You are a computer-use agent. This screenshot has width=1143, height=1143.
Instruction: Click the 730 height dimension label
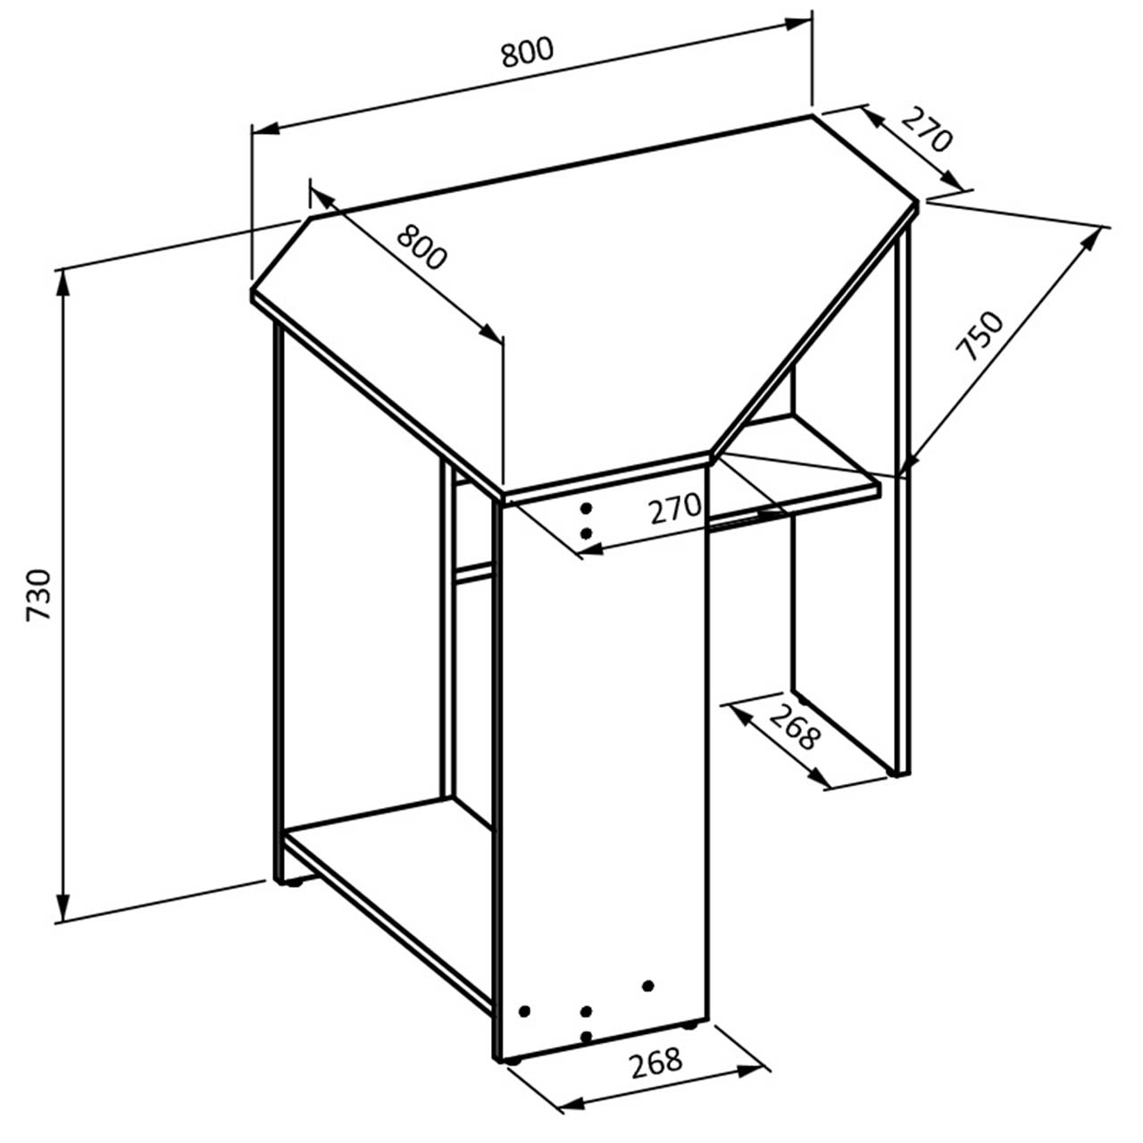(x=39, y=595)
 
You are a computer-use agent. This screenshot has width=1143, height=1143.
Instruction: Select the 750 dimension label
(x=980, y=336)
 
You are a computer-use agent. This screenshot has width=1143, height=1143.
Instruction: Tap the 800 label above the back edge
(x=527, y=52)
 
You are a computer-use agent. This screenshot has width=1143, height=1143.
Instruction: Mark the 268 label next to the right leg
(x=795, y=727)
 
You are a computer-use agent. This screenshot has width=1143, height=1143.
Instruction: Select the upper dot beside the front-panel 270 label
(x=586, y=508)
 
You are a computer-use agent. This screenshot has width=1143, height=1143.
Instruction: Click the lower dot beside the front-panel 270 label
(x=586, y=534)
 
